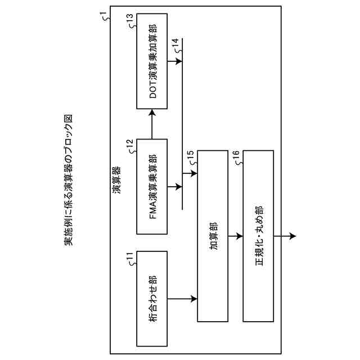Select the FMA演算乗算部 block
coord(152,186)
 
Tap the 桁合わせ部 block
coord(152,298)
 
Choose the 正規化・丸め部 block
coord(258,236)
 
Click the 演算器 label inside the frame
coord(117,179)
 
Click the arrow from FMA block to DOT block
coord(152,124)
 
